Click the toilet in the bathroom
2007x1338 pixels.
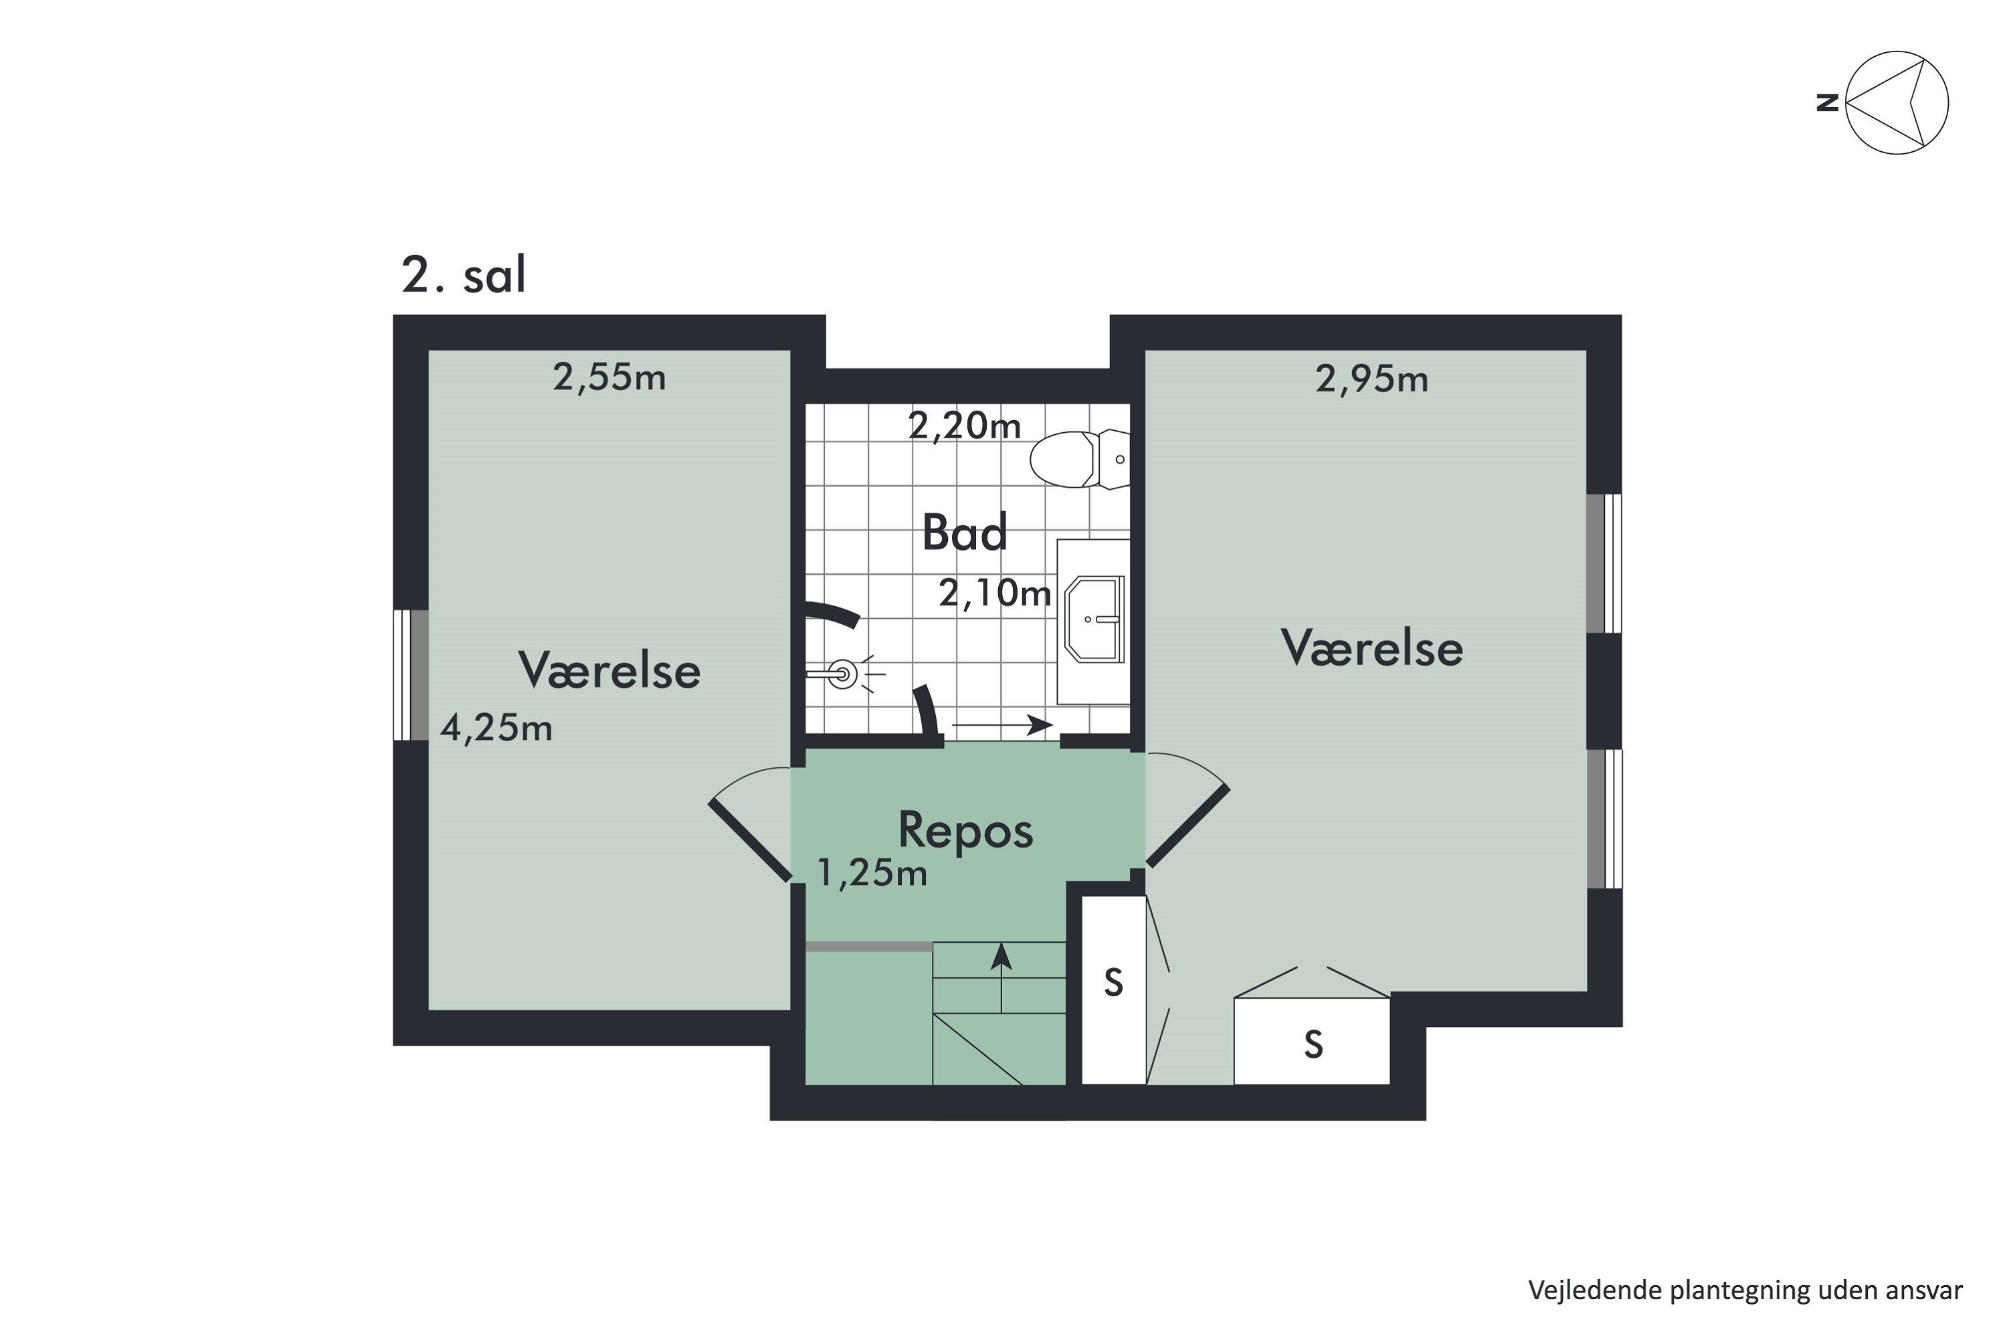1080,459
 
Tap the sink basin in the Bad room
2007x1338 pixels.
1094,619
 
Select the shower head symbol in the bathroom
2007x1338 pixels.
843,674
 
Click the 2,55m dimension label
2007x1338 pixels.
609,377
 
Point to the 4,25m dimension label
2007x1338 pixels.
496,728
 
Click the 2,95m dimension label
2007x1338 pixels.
1371,379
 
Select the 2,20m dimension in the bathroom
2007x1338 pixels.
964,425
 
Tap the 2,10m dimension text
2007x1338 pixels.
995,592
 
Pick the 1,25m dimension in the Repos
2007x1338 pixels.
872,873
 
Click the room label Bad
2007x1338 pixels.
965,533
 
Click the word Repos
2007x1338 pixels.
966,830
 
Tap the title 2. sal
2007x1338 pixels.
464,275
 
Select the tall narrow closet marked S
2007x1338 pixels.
1114,990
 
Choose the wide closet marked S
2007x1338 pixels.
1313,1042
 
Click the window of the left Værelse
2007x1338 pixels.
411,674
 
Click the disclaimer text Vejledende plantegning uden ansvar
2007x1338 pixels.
1745,1291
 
